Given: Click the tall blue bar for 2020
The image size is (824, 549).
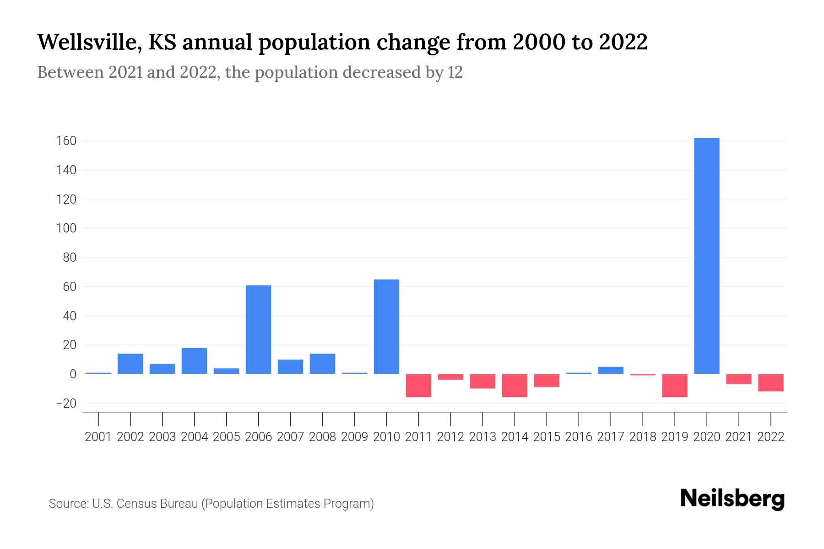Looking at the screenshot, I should pos(706,256).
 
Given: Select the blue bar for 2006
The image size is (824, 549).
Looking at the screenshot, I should pos(258,329).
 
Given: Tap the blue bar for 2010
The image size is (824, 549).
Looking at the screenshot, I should pos(386,327).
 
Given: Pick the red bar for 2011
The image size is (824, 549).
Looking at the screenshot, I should pos(418,385).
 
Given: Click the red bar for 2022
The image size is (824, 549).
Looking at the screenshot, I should pos(770,382).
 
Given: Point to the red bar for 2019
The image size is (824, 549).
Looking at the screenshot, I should pos(674,385).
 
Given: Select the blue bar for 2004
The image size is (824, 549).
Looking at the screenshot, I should pos(194,361).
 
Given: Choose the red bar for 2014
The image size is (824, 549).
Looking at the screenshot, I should pos(515,385).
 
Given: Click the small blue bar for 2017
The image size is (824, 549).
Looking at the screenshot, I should pos(610,371).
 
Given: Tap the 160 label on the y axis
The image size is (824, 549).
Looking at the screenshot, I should pos(66,141).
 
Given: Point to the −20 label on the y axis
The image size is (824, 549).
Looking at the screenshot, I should pos(66,404).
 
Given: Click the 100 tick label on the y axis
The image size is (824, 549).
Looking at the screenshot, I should pos(66,228).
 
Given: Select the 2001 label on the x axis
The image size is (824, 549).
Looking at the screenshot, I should pos(98,437).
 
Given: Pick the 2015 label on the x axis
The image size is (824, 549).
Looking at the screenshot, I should pos(547,437).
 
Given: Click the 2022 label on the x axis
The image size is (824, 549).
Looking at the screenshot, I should pos(770,437).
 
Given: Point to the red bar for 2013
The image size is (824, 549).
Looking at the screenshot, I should pos(482,381).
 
